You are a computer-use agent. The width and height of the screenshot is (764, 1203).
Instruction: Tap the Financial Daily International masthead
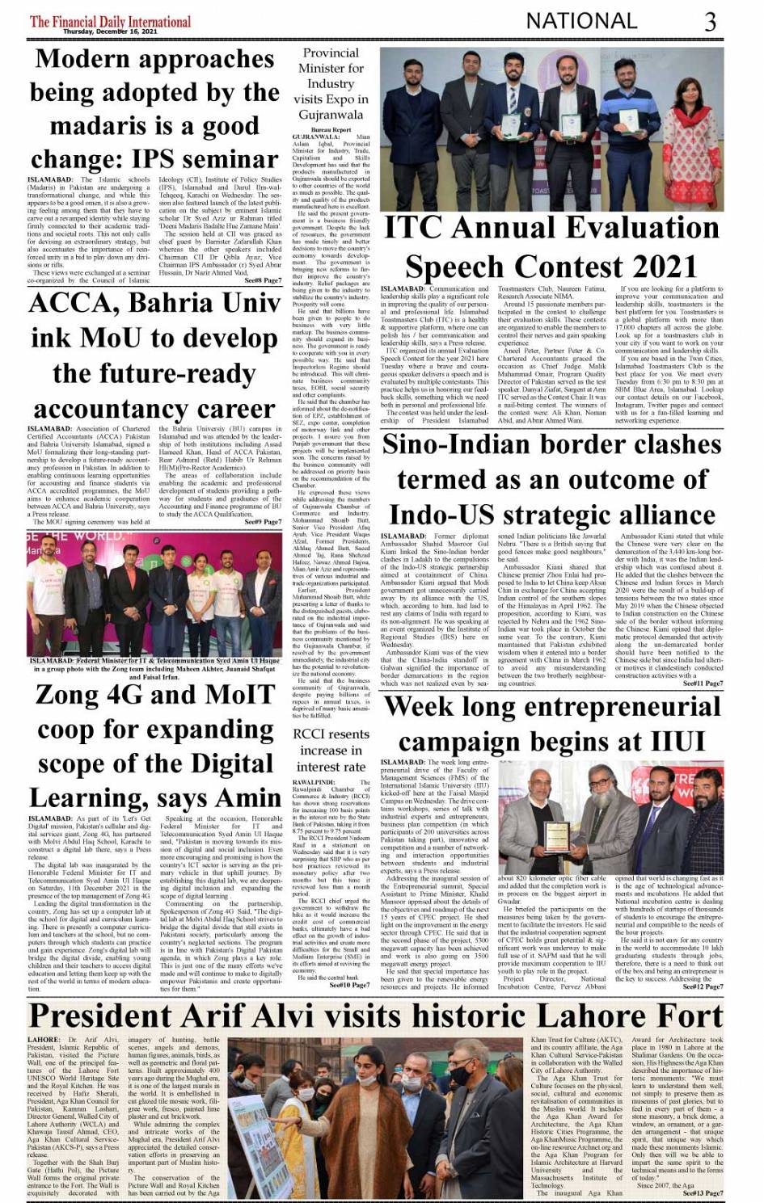click(x=110, y=21)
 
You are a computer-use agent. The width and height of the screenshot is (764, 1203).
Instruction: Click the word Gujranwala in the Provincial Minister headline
click(x=331, y=114)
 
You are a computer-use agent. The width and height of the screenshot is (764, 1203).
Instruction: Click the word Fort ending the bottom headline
click(x=682, y=1015)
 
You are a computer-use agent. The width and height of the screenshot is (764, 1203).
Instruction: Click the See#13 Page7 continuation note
click(x=703, y=1192)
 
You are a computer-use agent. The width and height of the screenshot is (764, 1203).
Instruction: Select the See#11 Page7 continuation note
click(x=703, y=684)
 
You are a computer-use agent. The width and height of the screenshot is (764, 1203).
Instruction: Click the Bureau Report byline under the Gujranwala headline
click(x=331, y=129)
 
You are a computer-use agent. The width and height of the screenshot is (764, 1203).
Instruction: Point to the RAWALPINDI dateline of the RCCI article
click(x=314, y=782)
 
